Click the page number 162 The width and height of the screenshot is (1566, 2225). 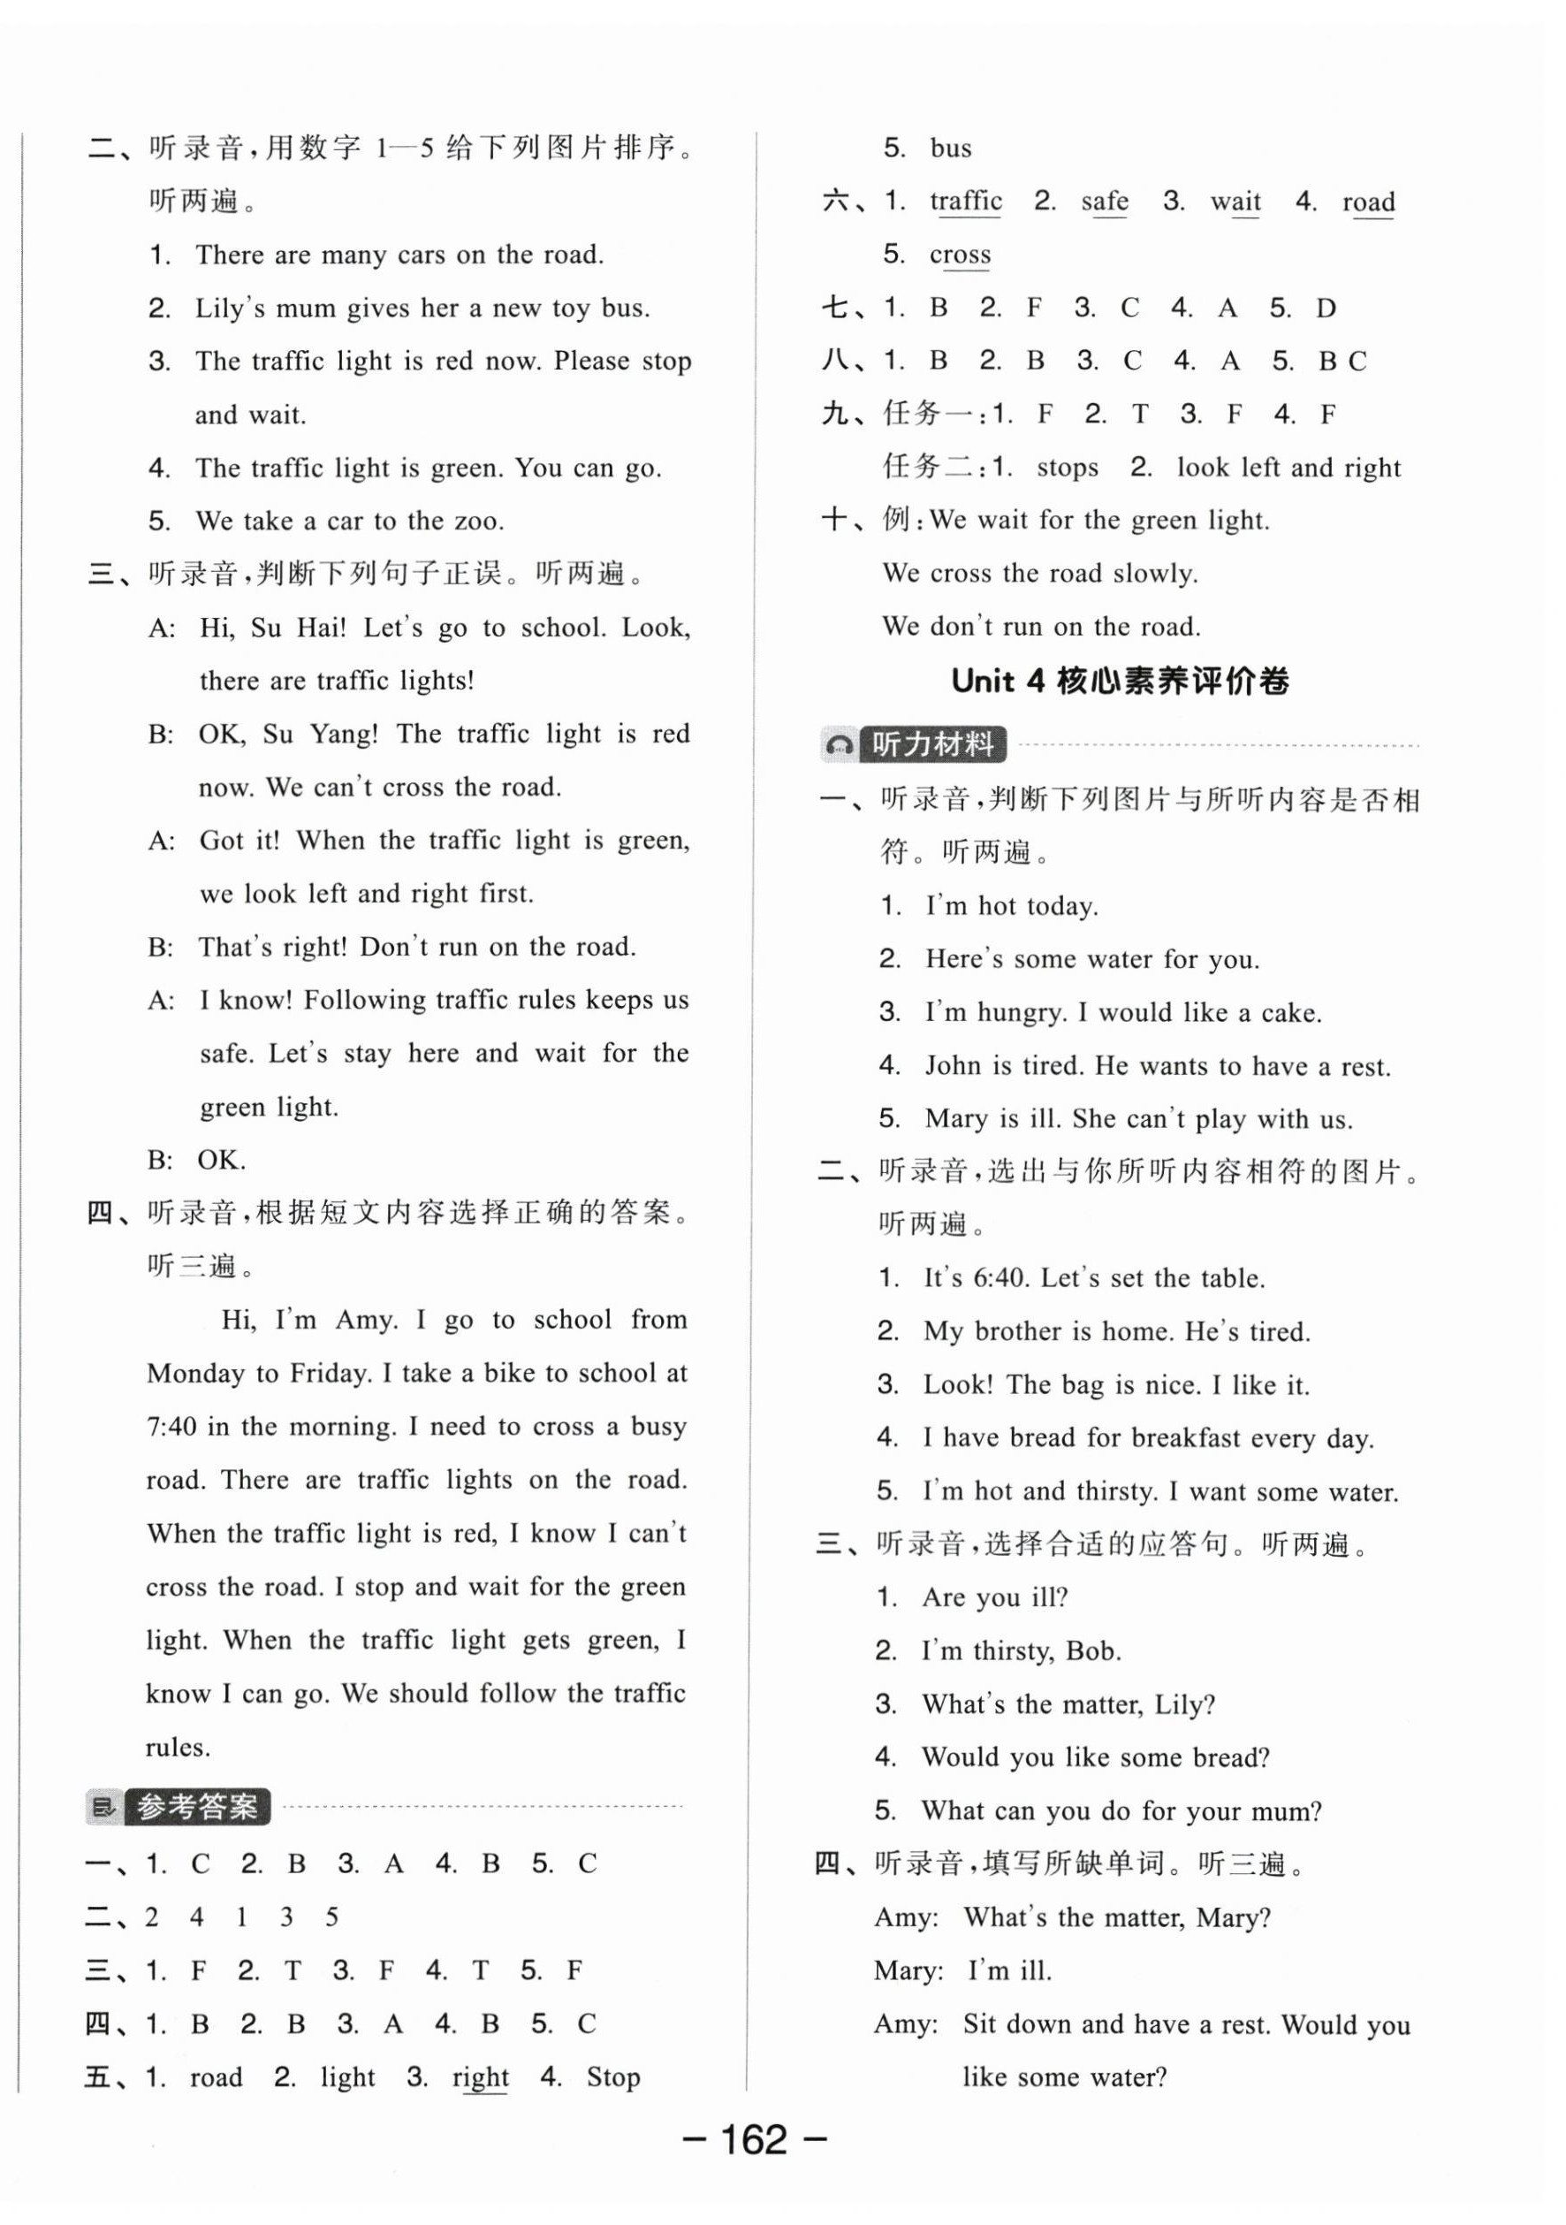(x=755, y=2140)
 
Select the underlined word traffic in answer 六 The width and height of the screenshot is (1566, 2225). (x=965, y=202)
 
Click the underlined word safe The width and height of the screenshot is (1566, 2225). (x=1104, y=202)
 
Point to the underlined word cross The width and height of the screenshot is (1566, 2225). (x=960, y=255)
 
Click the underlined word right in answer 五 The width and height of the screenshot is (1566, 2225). (x=480, y=2076)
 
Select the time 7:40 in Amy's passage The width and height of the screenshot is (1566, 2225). (x=173, y=1427)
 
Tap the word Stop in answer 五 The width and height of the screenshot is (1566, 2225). (x=612, y=2076)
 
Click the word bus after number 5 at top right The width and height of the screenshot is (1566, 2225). (x=951, y=149)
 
